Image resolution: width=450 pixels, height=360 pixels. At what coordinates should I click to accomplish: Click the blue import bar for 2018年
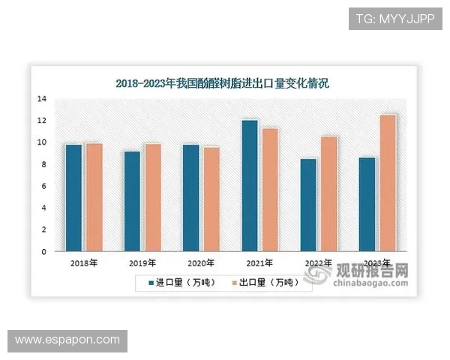tap(73, 197)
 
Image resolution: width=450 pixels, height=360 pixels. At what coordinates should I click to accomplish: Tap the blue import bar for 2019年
tap(132, 201)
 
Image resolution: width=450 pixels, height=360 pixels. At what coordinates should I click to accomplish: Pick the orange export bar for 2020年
tap(211, 199)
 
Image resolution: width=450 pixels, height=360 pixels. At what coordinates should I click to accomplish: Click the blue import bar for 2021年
tap(250, 185)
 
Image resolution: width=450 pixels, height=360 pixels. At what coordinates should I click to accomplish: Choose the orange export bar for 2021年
tap(270, 190)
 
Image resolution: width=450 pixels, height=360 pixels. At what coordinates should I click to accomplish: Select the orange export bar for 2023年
tap(388, 183)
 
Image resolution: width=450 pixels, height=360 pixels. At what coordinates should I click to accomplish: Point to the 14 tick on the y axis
tap(42, 99)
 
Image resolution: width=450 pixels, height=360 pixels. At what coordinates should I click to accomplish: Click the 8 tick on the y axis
tap(44, 164)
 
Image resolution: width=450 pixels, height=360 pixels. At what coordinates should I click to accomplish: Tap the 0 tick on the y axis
tap(44, 252)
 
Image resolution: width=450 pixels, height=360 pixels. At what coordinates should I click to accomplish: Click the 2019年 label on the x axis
tap(142, 264)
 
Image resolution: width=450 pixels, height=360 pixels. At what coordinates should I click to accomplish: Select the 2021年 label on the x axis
tap(259, 264)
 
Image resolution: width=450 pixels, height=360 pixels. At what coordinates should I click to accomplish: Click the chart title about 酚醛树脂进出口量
tap(222, 84)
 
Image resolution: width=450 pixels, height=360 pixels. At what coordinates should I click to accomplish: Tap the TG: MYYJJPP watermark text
tap(395, 17)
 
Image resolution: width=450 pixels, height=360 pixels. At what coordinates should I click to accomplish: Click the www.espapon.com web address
tap(67, 340)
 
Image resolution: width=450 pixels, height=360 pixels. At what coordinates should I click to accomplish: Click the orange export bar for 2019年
tap(152, 197)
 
